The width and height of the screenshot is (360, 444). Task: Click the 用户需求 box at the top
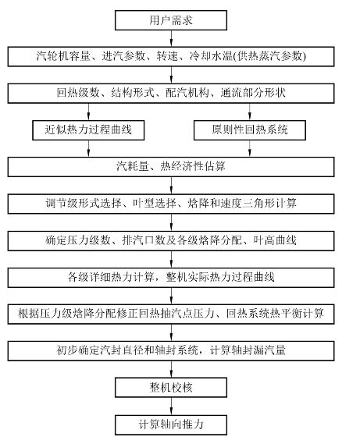(171, 20)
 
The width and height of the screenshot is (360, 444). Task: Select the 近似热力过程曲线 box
(88, 130)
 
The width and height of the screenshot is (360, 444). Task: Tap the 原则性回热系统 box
(250, 130)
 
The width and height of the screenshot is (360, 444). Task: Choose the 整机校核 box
(171, 387)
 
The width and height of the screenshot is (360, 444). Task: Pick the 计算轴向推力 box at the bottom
(171, 424)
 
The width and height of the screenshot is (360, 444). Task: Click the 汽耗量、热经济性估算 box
(171, 167)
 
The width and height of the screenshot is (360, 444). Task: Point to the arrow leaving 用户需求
(171, 38)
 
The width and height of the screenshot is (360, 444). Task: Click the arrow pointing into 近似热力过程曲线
(88, 112)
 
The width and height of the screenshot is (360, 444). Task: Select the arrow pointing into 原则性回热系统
(250, 112)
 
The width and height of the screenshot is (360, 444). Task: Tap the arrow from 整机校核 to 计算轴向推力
(171, 406)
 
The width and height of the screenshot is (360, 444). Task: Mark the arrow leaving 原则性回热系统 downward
(250, 148)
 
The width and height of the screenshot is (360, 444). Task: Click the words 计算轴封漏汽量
(248, 350)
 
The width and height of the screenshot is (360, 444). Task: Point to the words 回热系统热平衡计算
(275, 314)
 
